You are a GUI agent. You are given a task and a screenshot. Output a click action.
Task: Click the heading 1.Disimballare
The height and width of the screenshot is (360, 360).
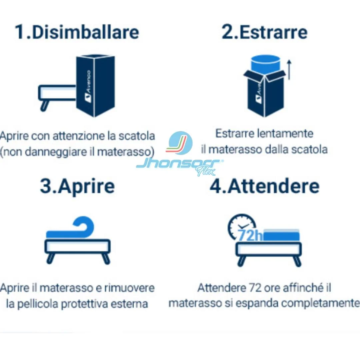click(x=77, y=32)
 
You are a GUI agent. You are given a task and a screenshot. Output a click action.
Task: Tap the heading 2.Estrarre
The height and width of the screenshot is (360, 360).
click(x=264, y=32)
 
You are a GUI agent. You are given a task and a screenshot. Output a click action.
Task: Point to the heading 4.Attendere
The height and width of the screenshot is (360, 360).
click(x=264, y=186)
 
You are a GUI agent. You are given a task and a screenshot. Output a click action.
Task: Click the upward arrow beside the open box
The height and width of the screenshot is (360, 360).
click(x=289, y=70)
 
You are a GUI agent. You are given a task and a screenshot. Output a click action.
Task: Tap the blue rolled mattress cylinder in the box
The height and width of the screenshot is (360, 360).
click(x=266, y=63)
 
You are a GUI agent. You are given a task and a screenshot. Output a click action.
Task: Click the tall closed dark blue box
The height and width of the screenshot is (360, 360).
click(x=95, y=86)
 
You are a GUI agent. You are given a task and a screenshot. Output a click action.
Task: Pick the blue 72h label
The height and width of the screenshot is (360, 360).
click(x=250, y=235)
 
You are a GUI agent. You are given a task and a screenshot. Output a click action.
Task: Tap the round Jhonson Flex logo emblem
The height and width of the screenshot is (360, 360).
click(x=181, y=143)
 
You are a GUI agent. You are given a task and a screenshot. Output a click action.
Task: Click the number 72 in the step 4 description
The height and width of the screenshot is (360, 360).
click(x=255, y=288)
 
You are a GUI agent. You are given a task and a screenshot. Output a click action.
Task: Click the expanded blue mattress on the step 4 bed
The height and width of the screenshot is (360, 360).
click(x=281, y=235)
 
